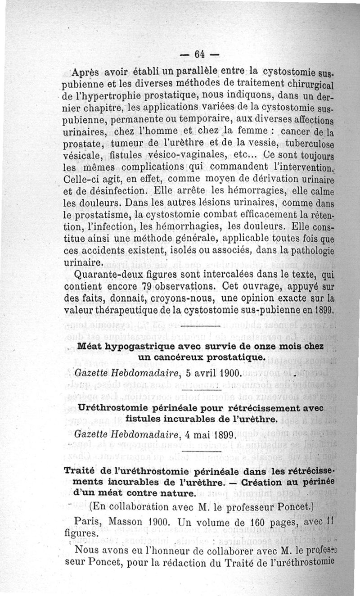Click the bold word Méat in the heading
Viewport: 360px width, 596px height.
90,347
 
